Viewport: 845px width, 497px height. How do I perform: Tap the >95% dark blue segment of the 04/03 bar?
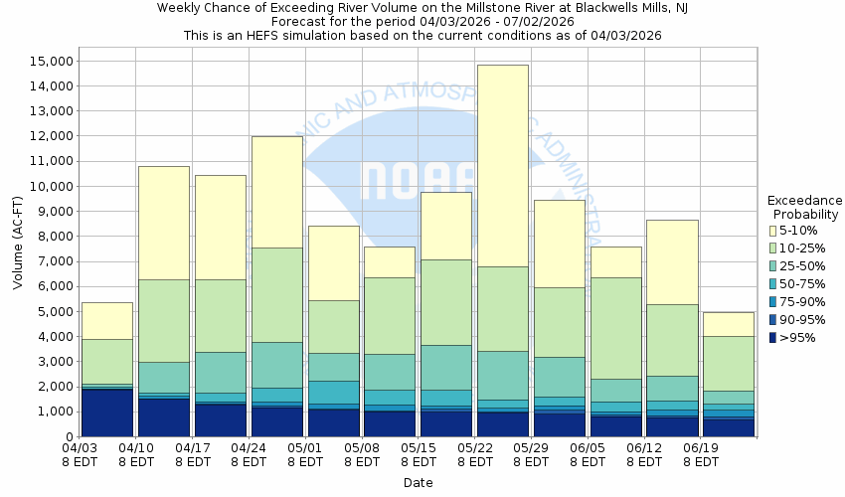tap(107, 413)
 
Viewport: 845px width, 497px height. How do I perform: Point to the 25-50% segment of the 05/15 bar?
tap(446, 367)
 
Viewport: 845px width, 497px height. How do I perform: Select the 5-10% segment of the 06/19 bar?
tap(729, 324)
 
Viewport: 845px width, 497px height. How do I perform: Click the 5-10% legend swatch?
tap(772, 231)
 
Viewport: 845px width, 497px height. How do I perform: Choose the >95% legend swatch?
tap(772, 338)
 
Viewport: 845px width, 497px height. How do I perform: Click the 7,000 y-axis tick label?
tap(50, 261)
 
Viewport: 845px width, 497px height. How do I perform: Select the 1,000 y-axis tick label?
tap(50, 412)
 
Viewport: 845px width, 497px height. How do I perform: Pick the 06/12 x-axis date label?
tap(645, 455)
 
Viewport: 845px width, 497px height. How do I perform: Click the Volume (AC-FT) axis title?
tap(18, 243)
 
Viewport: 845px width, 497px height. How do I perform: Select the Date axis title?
tap(418, 483)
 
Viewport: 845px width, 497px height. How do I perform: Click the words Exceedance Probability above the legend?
tap(805, 207)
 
